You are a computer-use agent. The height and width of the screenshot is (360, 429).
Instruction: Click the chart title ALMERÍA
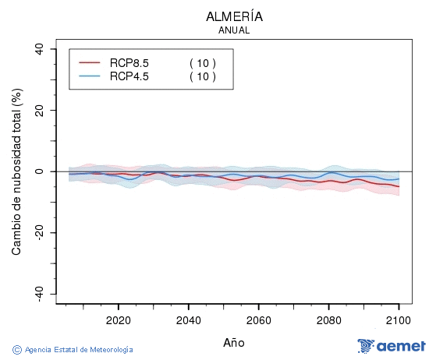coord(234,16)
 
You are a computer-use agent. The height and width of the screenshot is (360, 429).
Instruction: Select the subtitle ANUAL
coord(234,30)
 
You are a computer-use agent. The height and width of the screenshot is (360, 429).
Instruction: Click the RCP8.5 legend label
coord(129,62)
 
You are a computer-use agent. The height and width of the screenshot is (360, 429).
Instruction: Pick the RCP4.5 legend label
coord(129,76)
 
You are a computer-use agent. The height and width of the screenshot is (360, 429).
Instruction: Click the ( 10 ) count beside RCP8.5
coord(203,62)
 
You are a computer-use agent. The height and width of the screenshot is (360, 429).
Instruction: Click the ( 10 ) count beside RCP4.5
coord(203,76)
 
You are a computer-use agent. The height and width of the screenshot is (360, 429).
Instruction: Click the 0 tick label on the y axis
coord(41,171)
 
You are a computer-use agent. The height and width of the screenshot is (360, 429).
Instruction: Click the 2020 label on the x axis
coord(118,320)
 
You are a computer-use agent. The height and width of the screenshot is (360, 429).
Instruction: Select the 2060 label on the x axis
coord(258,320)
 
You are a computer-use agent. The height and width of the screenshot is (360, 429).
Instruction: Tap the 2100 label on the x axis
coord(399,320)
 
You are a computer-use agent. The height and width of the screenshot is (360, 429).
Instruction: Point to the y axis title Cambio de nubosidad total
coord(17,171)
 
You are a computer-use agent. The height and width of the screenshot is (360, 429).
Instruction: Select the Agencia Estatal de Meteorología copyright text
coord(73,350)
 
